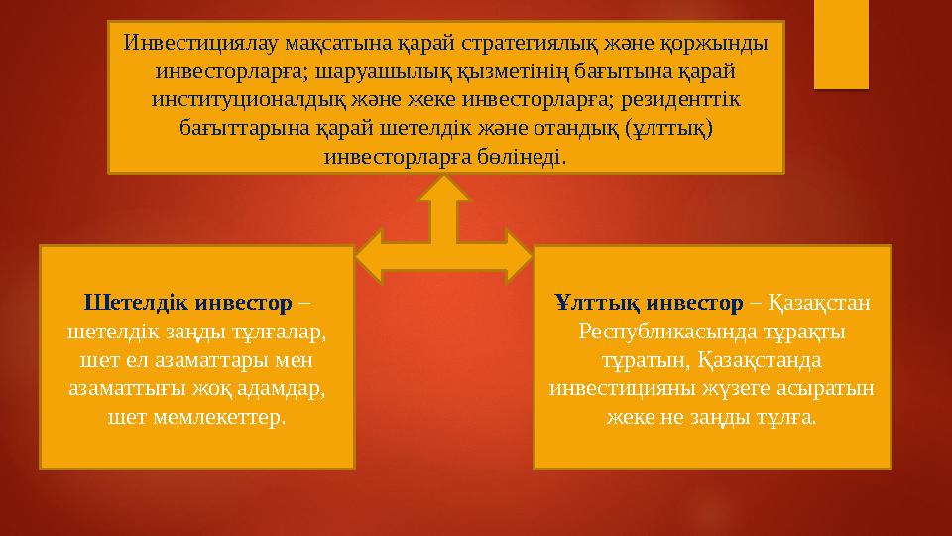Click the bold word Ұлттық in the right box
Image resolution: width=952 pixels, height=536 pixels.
(597, 301)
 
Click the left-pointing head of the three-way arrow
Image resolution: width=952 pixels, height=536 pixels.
(370, 254)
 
